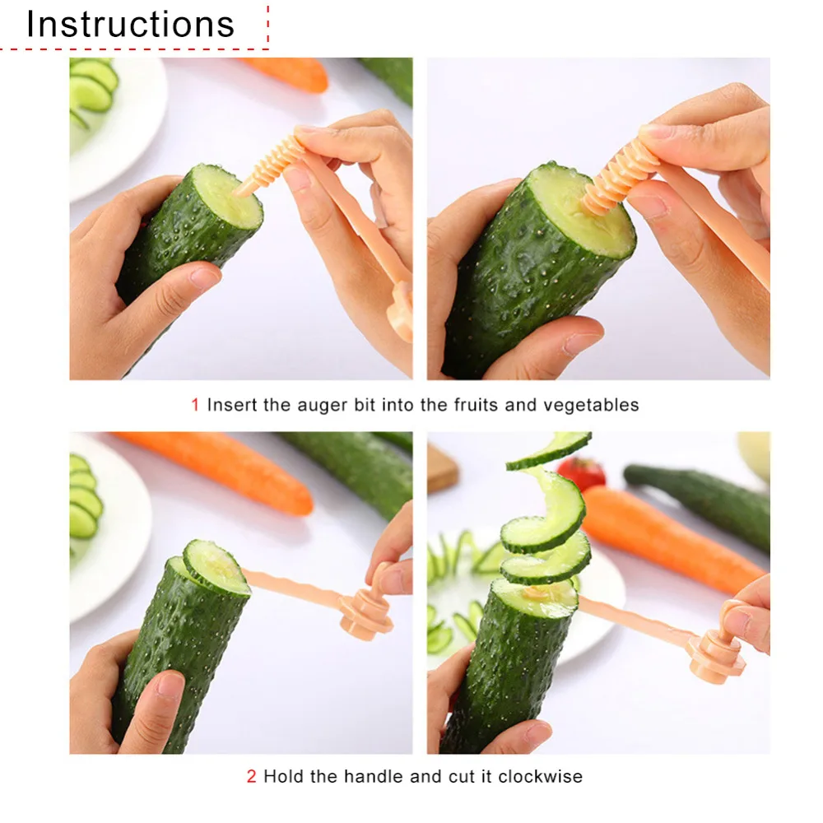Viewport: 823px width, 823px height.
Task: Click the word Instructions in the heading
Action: coord(130,24)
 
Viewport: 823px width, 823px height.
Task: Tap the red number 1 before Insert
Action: coord(195,405)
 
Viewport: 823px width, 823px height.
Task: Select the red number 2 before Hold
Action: coord(251,776)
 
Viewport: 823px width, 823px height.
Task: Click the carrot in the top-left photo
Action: coord(286,73)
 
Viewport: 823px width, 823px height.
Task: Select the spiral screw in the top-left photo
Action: coord(268,165)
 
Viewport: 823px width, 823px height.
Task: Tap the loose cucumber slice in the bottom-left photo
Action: coord(216,567)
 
